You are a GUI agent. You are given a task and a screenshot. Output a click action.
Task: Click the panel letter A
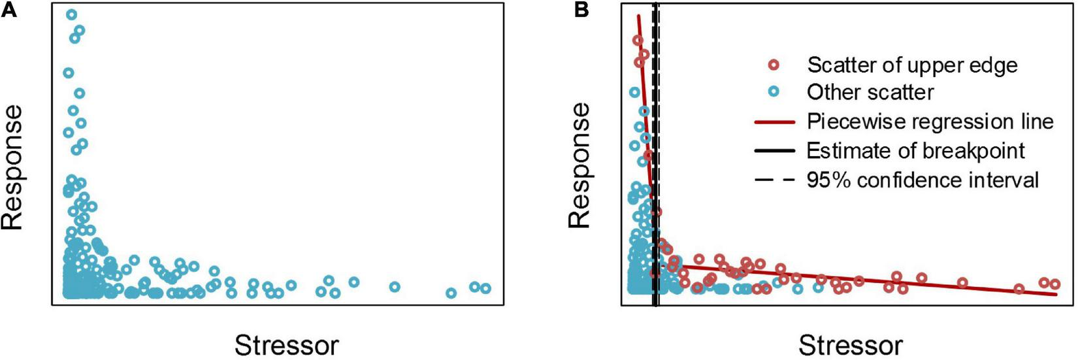coord(9,10)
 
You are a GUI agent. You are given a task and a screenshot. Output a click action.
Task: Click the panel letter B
coord(581,10)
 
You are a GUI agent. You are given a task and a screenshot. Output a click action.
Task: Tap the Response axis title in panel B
coord(580,166)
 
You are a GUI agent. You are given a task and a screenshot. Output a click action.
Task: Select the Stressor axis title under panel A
coord(287,344)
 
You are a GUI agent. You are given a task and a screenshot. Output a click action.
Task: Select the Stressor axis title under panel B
coord(851,344)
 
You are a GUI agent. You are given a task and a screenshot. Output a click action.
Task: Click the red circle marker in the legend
coord(774,65)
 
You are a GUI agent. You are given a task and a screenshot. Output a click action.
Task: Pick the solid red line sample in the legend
coord(775,122)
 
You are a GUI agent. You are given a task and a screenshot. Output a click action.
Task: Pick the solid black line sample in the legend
coord(775,151)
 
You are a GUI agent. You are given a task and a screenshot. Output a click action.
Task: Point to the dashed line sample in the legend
coord(775,180)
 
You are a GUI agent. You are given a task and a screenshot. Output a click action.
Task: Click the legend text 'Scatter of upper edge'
coord(912,65)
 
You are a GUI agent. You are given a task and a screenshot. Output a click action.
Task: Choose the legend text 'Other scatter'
coord(870,93)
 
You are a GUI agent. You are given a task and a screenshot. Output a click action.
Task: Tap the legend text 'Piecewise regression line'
coord(930,122)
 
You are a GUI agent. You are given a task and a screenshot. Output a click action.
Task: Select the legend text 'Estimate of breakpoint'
coord(915,151)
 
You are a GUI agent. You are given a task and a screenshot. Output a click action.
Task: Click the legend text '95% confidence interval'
coord(923,180)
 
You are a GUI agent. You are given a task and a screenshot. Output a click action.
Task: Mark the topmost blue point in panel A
coord(71,14)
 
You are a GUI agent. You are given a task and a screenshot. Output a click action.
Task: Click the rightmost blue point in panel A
coord(485,288)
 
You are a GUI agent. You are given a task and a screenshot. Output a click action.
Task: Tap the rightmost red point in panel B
coord(1054,284)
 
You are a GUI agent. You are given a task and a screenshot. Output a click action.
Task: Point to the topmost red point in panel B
coord(638,41)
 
